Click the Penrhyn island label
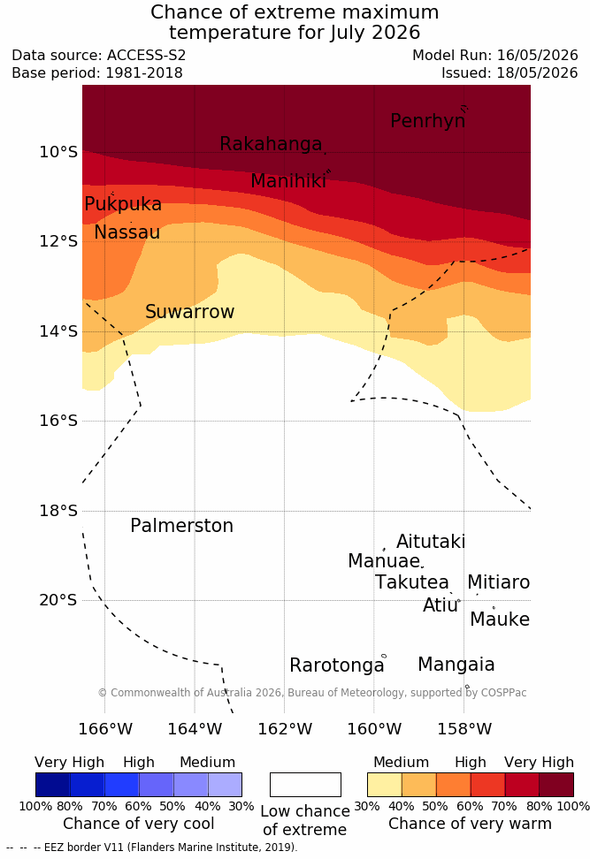[x=428, y=121]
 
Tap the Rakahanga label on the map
[x=271, y=143]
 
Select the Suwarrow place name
[x=189, y=312]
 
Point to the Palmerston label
[x=181, y=526]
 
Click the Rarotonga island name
[x=337, y=665]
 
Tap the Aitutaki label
[x=431, y=541]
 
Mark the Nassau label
[x=127, y=232]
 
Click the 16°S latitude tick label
[x=58, y=421]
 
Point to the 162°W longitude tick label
[x=285, y=729]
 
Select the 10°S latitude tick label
[x=58, y=152]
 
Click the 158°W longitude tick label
[x=464, y=729]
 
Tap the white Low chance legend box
[x=305, y=785]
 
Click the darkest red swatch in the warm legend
[x=556, y=785]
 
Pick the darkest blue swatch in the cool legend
[x=53, y=785]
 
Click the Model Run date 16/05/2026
[x=537, y=56]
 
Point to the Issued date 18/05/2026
[x=537, y=72]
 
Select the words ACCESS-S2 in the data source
[x=147, y=56]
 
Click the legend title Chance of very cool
[x=139, y=824]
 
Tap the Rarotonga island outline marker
[x=384, y=656]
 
